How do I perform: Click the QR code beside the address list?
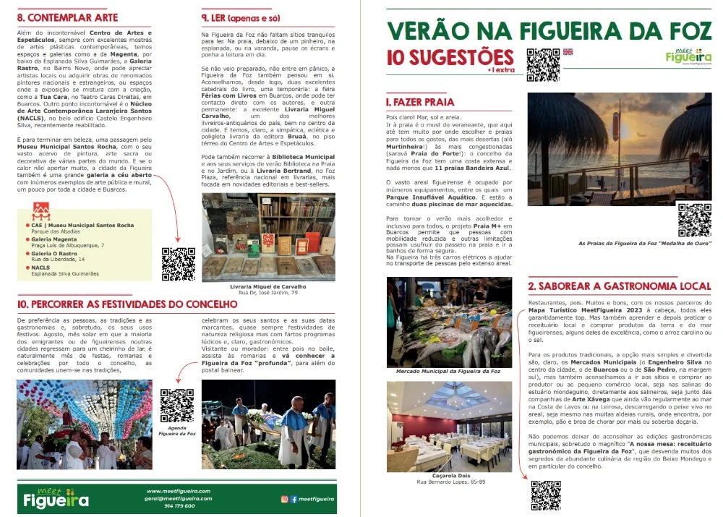(x=178, y=264)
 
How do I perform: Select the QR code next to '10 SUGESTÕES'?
(x=542, y=64)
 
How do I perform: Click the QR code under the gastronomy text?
(x=547, y=495)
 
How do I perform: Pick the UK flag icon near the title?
(x=568, y=52)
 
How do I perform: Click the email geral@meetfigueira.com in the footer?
(x=177, y=498)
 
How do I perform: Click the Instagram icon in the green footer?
(x=284, y=499)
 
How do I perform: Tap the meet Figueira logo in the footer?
(x=56, y=497)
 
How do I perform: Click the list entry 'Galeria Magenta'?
(x=53, y=239)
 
